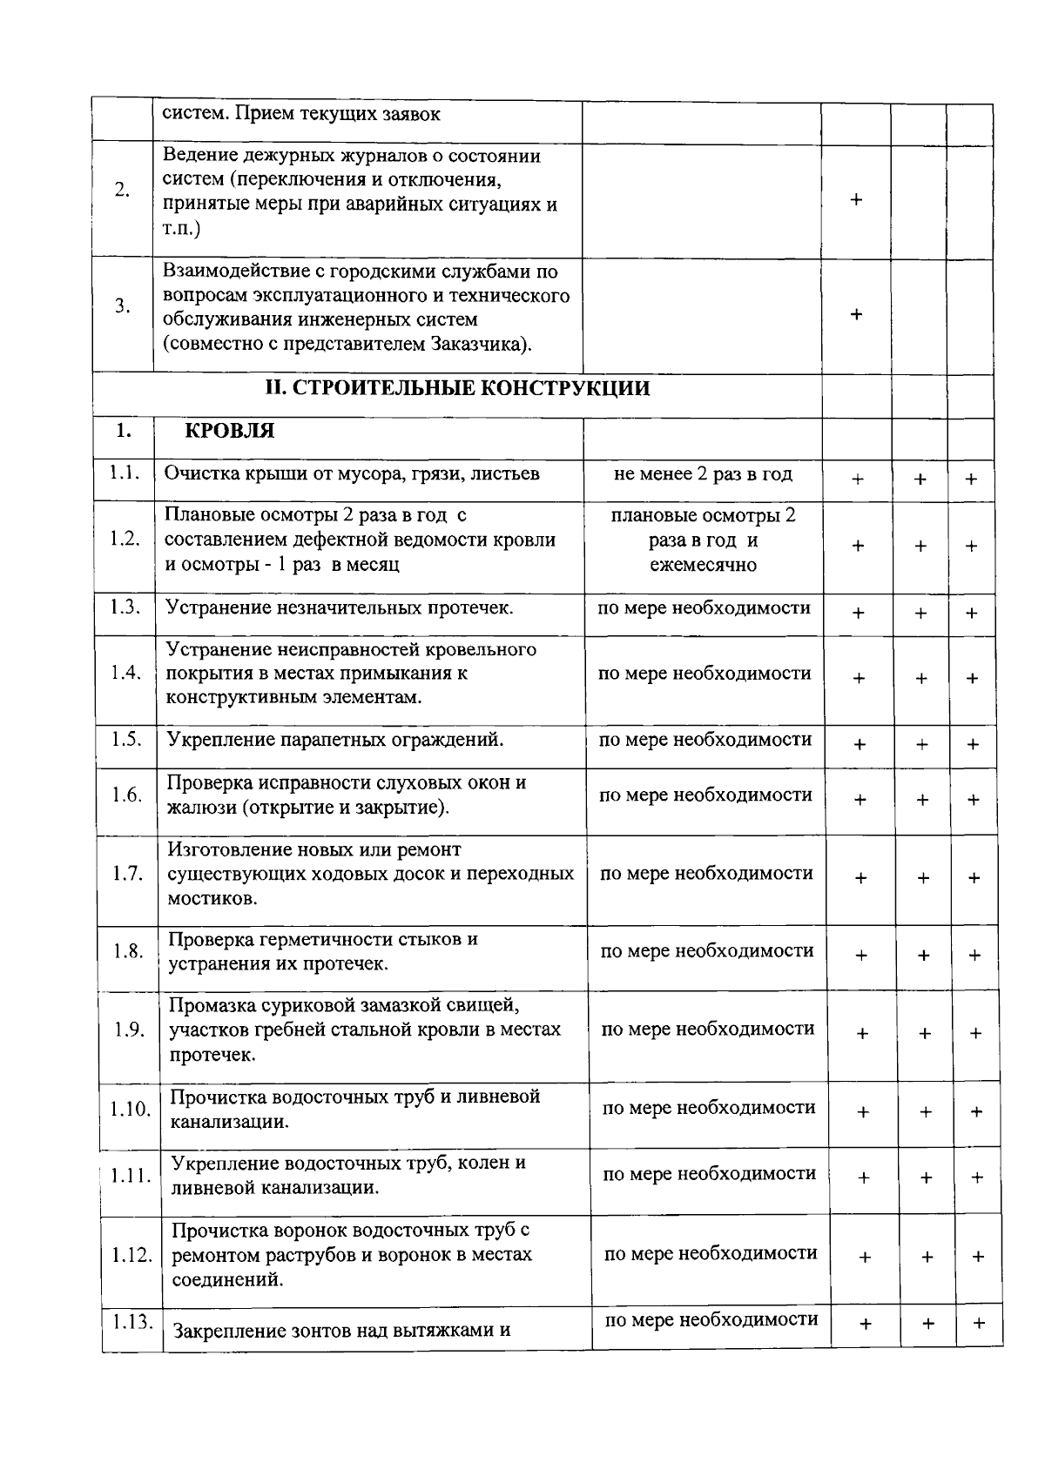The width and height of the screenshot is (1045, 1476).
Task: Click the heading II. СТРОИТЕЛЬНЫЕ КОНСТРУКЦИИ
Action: pyautogui.click(x=457, y=388)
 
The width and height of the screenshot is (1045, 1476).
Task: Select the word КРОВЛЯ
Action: pyautogui.click(x=230, y=431)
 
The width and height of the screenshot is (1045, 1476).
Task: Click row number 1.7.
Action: pyautogui.click(x=127, y=874)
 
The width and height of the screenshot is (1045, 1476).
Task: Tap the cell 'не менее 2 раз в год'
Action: pyautogui.click(x=703, y=474)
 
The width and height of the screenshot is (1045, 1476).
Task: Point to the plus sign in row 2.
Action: pyautogui.click(x=856, y=199)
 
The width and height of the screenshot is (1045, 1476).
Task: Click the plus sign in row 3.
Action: pyautogui.click(x=856, y=314)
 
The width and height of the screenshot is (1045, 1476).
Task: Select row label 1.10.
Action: pyautogui.click(x=131, y=1110)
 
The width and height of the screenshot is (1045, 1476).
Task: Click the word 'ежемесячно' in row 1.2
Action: pyautogui.click(x=703, y=565)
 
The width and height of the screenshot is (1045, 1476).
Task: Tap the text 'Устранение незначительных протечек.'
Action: pyautogui.click(x=340, y=607)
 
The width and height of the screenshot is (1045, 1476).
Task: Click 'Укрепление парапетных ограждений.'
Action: pyautogui.click(x=335, y=740)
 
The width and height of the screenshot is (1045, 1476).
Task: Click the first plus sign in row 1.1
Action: pyautogui.click(x=858, y=480)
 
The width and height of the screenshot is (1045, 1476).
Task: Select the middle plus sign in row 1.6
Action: pyautogui.click(x=922, y=800)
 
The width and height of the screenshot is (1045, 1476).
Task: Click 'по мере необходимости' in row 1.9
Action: pyautogui.click(x=708, y=1030)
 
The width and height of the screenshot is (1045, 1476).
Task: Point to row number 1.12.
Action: pyautogui.click(x=132, y=1256)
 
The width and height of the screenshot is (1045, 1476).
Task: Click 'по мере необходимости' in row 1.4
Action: pyautogui.click(x=705, y=674)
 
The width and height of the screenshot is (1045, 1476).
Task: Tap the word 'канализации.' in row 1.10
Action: pyautogui.click(x=229, y=1122)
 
